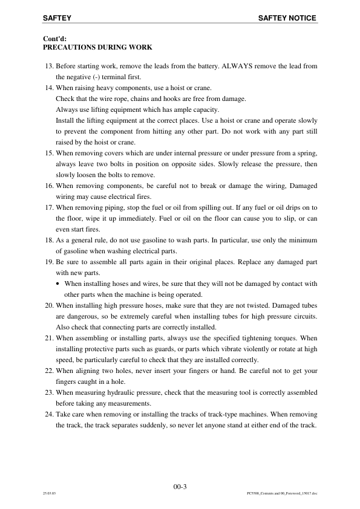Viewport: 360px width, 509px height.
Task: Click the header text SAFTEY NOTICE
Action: [287, 19]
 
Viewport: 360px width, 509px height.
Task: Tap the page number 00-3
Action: [180, 486]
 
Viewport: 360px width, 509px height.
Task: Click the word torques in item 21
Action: [284, 339]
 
